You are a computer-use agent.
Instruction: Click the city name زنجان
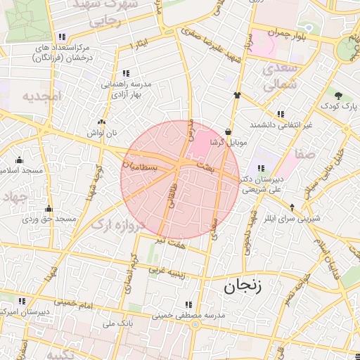(243, 285)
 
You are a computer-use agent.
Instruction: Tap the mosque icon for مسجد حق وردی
(49, 208)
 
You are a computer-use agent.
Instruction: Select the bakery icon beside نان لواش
(102, 122)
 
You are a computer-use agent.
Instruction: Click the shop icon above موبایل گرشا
(229, 131)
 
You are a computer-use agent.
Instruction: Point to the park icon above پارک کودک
(339, 96)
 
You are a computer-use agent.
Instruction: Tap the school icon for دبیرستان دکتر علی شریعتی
(261, 167)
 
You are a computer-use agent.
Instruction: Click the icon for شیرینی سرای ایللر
(292, 207)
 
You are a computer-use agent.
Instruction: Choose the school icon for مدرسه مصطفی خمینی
(188, 304)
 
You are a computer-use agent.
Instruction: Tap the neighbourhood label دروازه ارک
(118, 225)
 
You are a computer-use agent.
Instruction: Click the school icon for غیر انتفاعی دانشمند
(281, 114)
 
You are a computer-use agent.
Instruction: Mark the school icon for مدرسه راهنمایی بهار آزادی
(125, 72)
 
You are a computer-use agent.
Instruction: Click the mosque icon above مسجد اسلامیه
(18, 160)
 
